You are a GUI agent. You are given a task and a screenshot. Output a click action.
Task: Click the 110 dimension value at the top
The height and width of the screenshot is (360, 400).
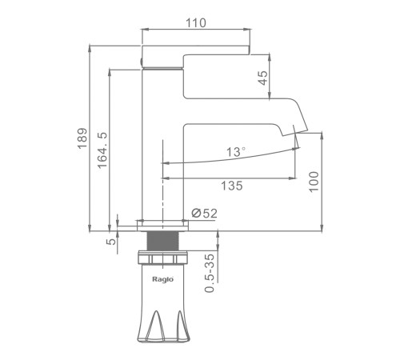[x=196, y=23]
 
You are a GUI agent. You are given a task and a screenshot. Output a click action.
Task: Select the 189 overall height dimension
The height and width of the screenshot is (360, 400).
[x=82, y=138]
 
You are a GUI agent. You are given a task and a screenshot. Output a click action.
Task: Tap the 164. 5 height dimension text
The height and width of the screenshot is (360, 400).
[x=102, y=150]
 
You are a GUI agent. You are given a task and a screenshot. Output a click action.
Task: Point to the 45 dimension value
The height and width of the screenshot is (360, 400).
[x=262, y=78]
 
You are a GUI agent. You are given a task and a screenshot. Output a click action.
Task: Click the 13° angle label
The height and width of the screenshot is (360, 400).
[x=236, y=152]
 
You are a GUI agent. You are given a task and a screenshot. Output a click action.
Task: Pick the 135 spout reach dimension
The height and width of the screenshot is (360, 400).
[x=232, y=186]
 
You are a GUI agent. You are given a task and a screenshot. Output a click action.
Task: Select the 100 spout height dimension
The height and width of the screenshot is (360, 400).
[x=314, y=182]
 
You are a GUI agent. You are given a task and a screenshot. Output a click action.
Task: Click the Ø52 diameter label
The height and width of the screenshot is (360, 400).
[x=204, y=214]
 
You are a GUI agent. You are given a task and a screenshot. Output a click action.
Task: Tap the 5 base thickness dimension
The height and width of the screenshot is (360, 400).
[x=111, y=242]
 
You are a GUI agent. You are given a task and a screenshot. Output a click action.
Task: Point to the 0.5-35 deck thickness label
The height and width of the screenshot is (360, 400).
[x=210, y=273]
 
